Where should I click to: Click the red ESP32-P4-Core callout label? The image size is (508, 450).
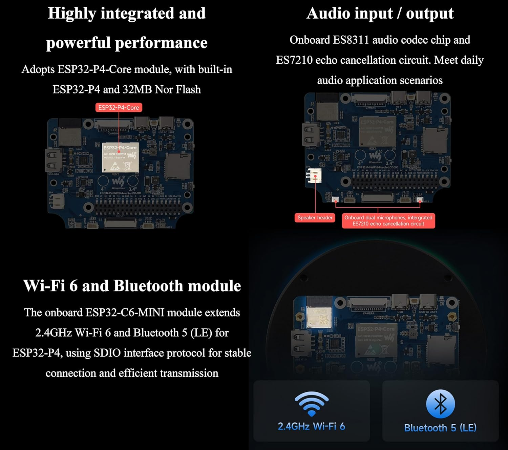coord(119,108)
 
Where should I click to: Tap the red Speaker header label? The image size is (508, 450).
coord(315,218)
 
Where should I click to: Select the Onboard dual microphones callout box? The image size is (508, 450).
coord(388,221)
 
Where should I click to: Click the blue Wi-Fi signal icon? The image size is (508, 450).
coord(312,404)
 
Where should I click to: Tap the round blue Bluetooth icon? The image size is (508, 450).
coord(440,404)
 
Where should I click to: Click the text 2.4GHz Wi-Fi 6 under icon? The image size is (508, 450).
coord(312,426)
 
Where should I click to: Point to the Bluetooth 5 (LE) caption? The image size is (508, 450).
coord(440,428)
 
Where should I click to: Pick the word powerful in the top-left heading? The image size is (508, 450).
coord(78,43)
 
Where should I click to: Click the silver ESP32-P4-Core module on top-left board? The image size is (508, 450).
coord(120,157)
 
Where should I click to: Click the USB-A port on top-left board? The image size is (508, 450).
coord(52,160)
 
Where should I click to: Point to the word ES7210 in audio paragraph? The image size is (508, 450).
coord(294,60)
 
